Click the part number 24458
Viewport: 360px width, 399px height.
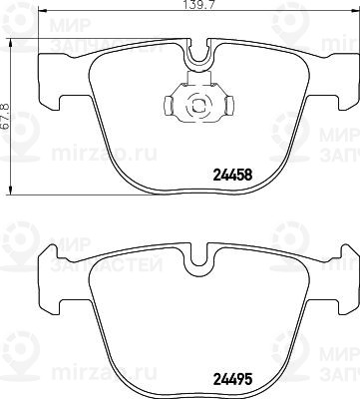pyautogui.click(x=232, y=175)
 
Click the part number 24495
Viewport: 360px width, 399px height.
pyautogui.click(x=232, y=378)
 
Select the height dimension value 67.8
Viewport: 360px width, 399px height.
pyautogui.click(x=5, y=117)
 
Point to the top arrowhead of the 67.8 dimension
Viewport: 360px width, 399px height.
pyautogui.click(x=11, y=43)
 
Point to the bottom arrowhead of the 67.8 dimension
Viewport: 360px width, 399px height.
pyautogui.click(x=11, y=190)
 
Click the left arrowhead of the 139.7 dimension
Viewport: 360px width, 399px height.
pyautogui.click(x=43, y=11)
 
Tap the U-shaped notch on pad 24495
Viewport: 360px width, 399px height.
pyautogui.click(x=198, y=256)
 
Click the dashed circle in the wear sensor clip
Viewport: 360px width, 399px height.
pyautogui.click(x=198, y=107)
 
